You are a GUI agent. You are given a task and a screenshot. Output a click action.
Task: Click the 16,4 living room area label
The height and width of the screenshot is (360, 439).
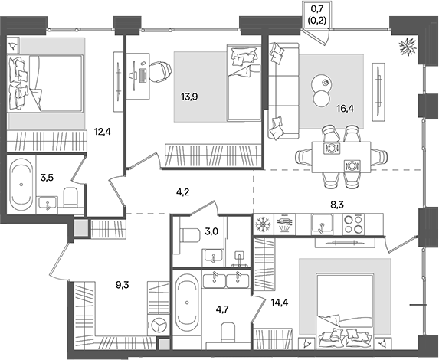[346, 109]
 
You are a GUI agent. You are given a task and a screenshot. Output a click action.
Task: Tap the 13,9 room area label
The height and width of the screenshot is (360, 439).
[189, 97]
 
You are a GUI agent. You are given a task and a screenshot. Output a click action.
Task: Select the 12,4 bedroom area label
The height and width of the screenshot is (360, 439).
[103, 131]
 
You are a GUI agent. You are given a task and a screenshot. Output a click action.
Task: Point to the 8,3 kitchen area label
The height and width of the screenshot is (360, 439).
[337, 205]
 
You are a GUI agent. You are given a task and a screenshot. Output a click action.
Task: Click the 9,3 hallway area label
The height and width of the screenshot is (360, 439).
[122, 285]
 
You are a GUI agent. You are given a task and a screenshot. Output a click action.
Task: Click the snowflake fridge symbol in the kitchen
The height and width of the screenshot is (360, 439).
[263, 224]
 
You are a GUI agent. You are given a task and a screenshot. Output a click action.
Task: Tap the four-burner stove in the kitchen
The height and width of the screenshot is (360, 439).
[353, 224]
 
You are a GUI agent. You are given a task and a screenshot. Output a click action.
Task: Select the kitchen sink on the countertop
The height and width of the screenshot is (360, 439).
[322, 224]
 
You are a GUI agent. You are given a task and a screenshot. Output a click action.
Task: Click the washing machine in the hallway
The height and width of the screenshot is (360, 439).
[159, 326]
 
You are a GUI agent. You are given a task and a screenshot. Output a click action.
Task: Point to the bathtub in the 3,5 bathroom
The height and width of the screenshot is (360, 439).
[21, 185]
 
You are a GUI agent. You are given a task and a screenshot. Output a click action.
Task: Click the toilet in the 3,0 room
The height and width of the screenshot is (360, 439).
[190, 236]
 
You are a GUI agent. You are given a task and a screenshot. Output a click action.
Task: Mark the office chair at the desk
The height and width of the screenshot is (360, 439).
[159, 72]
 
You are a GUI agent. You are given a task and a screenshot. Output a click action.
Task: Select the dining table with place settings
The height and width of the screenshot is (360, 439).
[341, 157]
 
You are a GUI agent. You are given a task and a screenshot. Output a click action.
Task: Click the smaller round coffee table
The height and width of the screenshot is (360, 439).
[321, 98]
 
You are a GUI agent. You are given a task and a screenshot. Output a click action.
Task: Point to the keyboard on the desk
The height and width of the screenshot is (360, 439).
[143, 76]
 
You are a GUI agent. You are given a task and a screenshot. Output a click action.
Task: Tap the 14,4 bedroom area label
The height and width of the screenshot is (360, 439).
[280, 302]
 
